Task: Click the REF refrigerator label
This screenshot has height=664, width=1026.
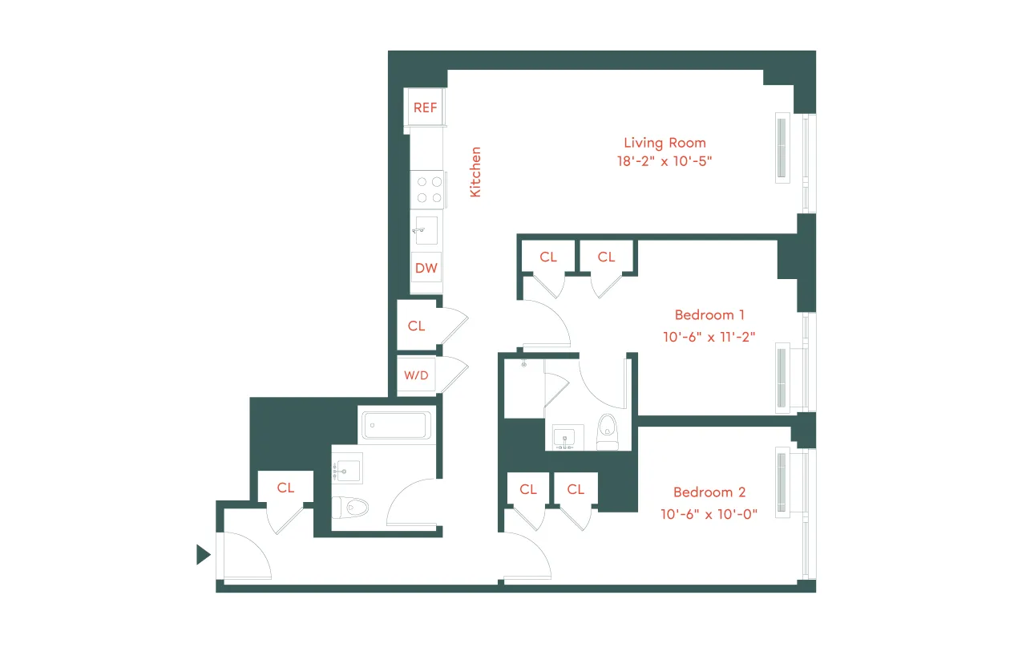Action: click(x=425, y=107)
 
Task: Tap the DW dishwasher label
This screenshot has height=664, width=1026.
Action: click(x=426, y=268)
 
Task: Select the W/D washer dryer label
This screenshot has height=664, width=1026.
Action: click(x=415, y=375)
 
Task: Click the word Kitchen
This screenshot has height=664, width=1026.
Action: click(x=475, y=172)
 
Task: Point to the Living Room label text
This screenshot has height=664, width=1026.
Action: click(x=664, y=143)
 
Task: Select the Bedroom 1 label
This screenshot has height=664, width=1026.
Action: click(x=709, y=315)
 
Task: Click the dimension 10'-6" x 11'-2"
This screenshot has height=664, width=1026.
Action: click(x=709, y=337)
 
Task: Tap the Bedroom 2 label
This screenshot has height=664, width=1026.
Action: click(x=709, y=492)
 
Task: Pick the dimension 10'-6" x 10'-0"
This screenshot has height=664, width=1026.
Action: click(x=709, y=514)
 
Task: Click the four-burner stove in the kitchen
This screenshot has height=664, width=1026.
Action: click(x=426, y=190)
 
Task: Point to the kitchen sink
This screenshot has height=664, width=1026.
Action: click(x=426, y=230)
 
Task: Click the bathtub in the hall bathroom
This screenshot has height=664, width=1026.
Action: click(x=397, y=425)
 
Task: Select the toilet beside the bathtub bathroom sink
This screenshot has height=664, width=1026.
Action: click(x=351, y=507)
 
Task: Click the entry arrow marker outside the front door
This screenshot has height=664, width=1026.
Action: click(x=203, y=554)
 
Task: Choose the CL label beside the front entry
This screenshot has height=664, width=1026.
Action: click(x=285, y=488)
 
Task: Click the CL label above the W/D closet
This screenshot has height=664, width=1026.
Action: click(x=416, y=326)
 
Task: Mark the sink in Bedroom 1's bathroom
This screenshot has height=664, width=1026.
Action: click(x=566, y=438)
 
